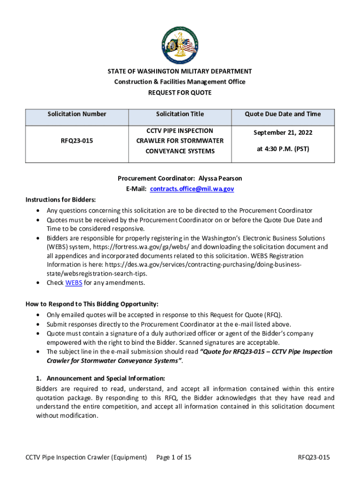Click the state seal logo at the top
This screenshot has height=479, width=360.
pos(180,45)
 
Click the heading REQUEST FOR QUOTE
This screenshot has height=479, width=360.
pos(180,93)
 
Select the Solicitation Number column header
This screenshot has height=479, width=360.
pos(77,114)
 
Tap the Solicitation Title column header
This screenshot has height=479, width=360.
pos(180,114)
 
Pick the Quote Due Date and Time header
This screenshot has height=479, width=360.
pos(283,114)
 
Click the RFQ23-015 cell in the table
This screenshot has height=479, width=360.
pos(77,141)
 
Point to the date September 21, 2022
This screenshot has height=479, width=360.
pos(283,133)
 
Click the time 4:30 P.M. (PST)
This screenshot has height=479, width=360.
pos(283,149)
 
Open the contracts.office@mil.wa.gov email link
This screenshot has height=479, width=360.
pos(192,189)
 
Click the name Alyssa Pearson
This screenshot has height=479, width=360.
pos(220,179)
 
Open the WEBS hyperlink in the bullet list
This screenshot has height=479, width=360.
pos(73,283)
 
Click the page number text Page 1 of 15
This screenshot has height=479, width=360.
pos(174,457)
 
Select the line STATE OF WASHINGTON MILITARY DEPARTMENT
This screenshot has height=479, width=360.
pos(180,72)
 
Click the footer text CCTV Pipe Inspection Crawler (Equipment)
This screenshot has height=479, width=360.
pos(86,457)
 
